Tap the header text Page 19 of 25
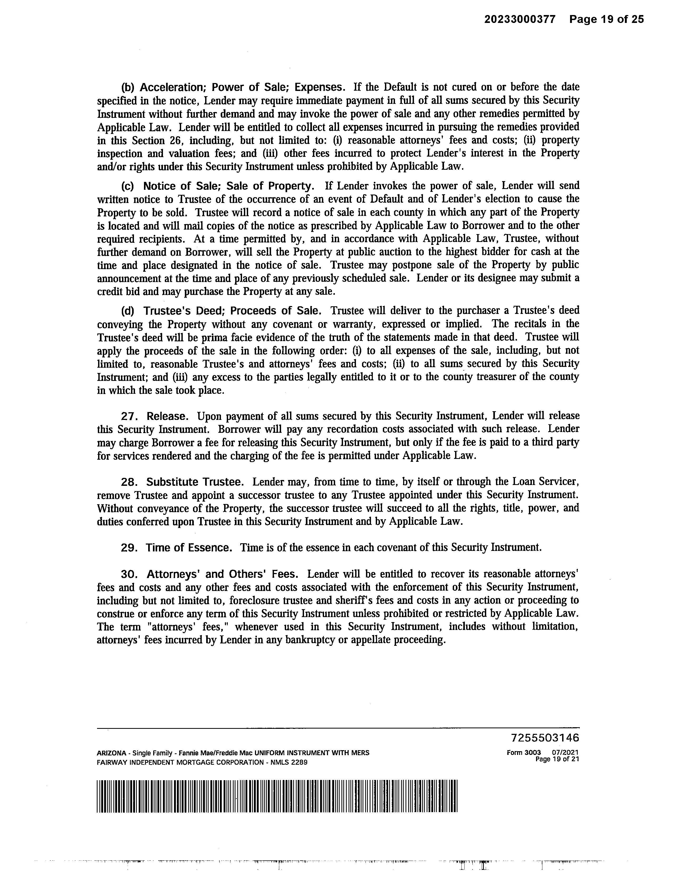pos(607,19)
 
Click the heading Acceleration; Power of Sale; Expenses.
pos(242,87)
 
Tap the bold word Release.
pos(167,416)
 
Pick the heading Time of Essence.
pos(189,547)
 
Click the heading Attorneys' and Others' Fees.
pos(222,574)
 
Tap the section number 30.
pos(129,574)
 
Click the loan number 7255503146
pos(545,738)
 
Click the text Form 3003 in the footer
pos(523,753)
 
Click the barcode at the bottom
pos(277,796)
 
